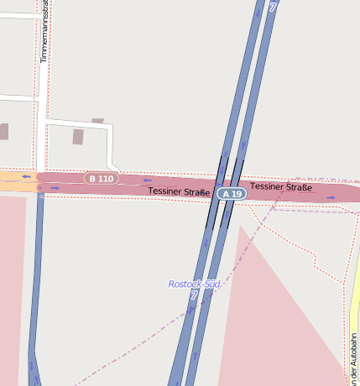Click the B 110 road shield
pos(101,178)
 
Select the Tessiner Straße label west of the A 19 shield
pos(179,191)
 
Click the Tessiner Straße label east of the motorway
pos(280,186)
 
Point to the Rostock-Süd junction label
pos(194,284)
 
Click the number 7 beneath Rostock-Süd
pos(194,295)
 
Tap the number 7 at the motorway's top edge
pos(273,5)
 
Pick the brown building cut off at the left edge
pos(3,131)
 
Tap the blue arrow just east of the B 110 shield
pos(148,180)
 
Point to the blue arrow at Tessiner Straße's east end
pos(331,198)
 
